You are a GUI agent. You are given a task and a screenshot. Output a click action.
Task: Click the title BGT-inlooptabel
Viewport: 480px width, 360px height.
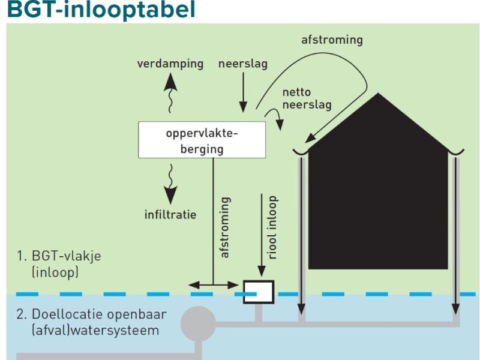coord(101,9)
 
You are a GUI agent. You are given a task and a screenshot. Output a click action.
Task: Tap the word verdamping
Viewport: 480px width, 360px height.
coord(170,64)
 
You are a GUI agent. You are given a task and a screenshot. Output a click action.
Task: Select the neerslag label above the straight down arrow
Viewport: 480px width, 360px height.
coord(243,64)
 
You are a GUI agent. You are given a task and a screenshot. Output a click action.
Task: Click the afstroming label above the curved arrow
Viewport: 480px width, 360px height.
coord(332,40)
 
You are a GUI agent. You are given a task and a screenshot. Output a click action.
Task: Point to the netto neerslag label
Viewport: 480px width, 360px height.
coord(307,98)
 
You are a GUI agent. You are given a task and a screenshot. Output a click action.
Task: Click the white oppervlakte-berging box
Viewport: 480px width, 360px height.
coord(202,140)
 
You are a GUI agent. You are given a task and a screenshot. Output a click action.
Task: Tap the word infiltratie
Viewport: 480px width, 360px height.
coord(170,214)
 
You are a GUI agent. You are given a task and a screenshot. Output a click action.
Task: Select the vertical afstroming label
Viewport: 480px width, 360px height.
coord(225,227)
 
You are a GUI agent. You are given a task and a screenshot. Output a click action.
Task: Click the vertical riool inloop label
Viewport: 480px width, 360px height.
coord(272,227)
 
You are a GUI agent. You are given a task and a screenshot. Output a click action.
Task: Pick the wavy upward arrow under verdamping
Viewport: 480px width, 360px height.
coord(170,94)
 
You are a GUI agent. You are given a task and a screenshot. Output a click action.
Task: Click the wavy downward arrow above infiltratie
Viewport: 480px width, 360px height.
coord(170,184)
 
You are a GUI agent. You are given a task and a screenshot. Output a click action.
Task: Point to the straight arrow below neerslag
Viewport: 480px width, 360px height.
coord(244,92)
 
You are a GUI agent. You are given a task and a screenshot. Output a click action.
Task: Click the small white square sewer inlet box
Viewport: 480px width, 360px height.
coord(259,292)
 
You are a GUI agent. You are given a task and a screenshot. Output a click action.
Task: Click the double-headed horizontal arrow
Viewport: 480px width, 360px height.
coord(214,286)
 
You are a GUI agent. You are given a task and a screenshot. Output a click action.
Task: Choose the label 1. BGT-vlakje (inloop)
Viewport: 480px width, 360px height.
coord(59,264)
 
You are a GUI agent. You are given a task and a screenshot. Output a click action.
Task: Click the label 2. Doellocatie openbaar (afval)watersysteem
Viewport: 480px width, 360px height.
coord(92,322)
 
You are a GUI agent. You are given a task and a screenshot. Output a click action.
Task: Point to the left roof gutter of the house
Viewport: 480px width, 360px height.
coord(301,152)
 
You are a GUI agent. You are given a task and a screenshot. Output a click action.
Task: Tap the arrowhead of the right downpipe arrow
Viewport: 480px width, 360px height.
coord(456,309)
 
